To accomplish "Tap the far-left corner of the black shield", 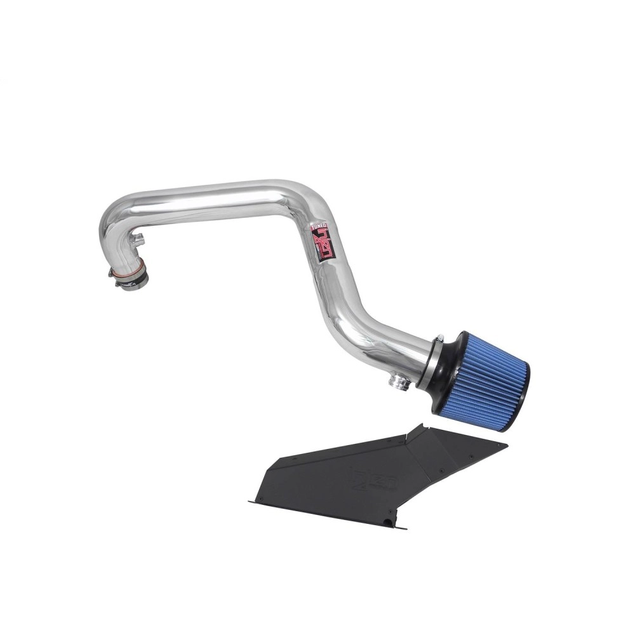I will click(250, 502).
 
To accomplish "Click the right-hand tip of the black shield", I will click(506, 444).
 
